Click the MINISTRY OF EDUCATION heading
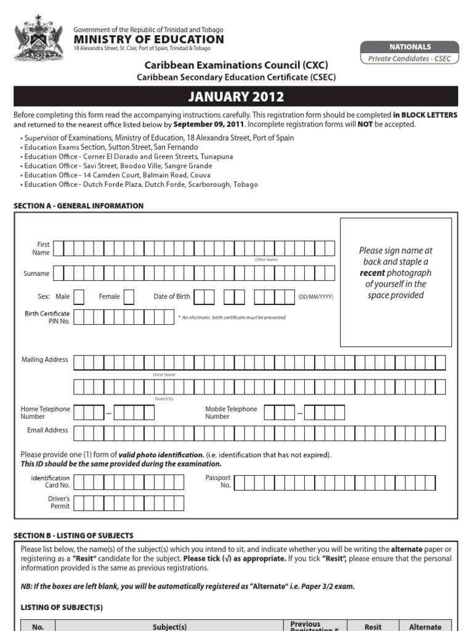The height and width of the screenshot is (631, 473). (148, 39)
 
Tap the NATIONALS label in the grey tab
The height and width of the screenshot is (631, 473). (410, 47)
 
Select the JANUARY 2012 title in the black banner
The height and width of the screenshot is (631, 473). (236, 97)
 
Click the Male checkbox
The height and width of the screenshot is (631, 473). (79, 297)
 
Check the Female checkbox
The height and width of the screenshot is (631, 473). (129, 297)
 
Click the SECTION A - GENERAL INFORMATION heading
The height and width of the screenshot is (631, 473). (79, 206)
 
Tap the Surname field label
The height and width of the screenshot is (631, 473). (36, 274)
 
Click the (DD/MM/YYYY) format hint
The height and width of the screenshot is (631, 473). (315, 297)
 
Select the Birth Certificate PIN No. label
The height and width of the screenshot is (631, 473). (47, 317)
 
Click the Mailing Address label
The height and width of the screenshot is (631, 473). (45, 360)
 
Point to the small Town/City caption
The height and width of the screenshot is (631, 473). (164, 399)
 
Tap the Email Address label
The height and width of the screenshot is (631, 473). (47, 430)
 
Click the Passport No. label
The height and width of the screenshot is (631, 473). (217, 481)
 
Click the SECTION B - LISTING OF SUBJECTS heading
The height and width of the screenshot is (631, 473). (73, 535)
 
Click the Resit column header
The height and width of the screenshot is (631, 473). (373, 627)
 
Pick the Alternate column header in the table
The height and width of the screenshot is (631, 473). (425, 627)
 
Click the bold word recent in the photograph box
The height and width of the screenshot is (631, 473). (372, 273)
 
